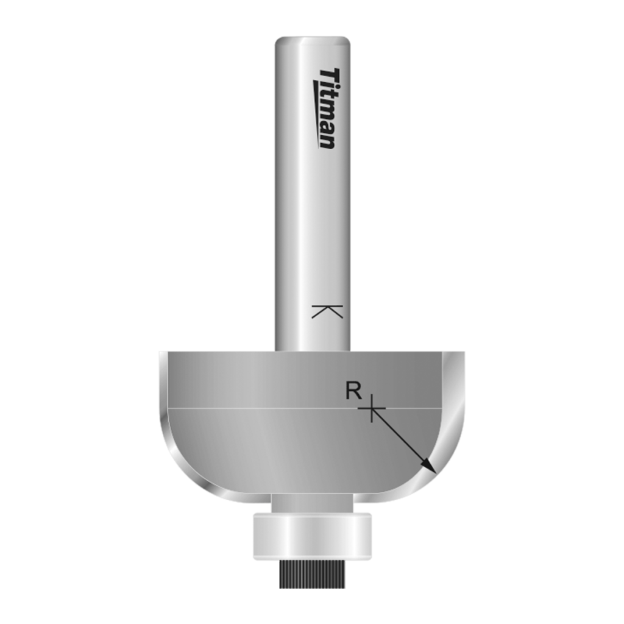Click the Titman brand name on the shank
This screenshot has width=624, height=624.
pyautogui.click(x=328, y=108)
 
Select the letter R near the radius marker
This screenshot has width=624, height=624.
pyautogui.click(x=352, y=391)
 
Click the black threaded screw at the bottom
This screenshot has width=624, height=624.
pyautogui.click(x=311, y=574)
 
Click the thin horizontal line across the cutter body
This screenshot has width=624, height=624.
pyautogui.click(x=256, y=407)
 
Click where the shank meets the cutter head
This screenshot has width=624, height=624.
pyautogui.click(x=312, y=351)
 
